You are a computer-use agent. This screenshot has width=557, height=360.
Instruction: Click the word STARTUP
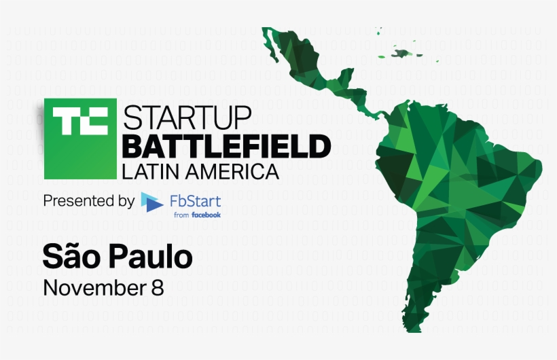pyautogui.click(x=187, y=117)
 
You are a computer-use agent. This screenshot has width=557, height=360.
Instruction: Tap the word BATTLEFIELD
pyautogui.click(x=226, y=145)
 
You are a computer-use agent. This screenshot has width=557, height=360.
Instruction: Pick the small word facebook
pyautogui.click(x=206, y=215)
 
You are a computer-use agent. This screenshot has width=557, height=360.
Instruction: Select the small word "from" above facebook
pyautogui.click(x=181, y=215)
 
